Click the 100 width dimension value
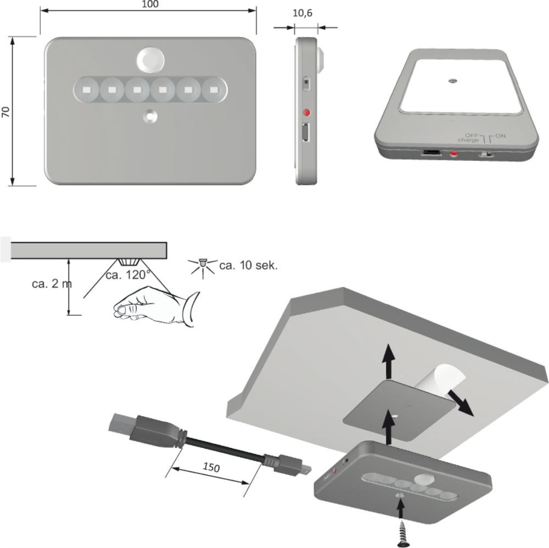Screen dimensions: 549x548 pyautogui.click(x=150, y=4)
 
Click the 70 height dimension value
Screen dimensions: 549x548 pyautogui.click(x=6, y=111)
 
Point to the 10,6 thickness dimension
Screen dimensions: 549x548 pyautogui.click(x=302, y=13)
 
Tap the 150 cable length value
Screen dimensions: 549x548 pyautogui.click(x=211, y=467)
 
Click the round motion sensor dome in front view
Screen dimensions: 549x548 pyautogui.click(x=150, y=60)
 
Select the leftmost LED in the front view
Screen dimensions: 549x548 pyautogui.click(x=86, y=90)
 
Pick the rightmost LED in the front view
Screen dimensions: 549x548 pyautogui.click(x=214, y=90)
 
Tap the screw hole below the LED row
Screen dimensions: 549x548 pyautogui.click(x=150, y=116)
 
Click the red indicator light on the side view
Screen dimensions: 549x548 pyautogui.click(x=307, y=113)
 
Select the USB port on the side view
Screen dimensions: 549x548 pyautogui.click(x=305, y=133)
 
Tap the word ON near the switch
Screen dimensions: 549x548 pyautogui.click(x=500, y=136)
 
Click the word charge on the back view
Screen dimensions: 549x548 pyautogui.click(x=468, y=140)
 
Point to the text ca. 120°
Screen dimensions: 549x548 pyautogui.click(x=128, y=275)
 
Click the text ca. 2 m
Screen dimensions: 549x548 pyautogui.click(x=52, y=284)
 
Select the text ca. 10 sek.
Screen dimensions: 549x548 pyautogui.click(x=249, y=265)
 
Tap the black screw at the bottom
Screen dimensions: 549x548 pyautogui.click(x=402, y=534)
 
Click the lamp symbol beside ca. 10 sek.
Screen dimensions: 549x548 pyautogui.click(x=203, y=267)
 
